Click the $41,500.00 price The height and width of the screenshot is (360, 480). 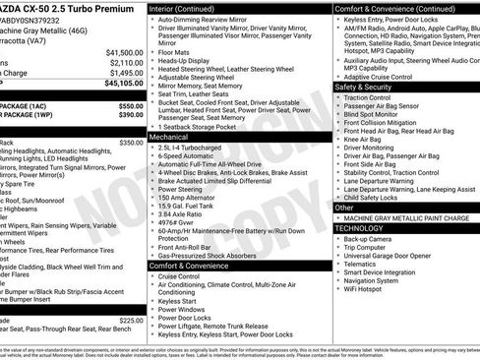(124, 52)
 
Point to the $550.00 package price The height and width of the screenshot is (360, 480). (130, 105)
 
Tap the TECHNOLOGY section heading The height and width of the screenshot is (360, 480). (359, 227)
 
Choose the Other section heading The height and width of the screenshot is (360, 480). (344, 208)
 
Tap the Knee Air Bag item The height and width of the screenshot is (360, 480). (365, 140)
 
